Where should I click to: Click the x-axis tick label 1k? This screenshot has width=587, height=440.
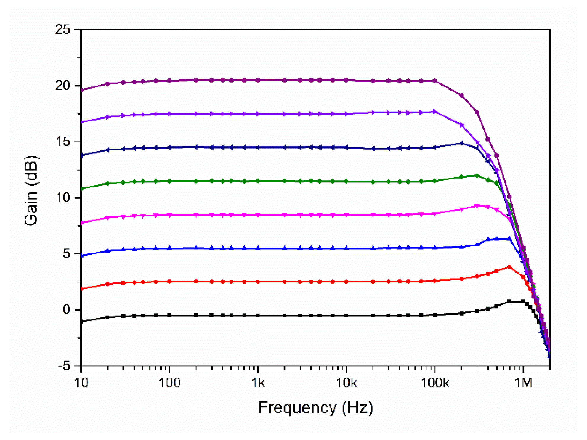(x=258, y=383)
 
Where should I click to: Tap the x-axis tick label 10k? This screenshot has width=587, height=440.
(x=346, y=383)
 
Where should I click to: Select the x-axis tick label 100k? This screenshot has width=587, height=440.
(x=435, y=383)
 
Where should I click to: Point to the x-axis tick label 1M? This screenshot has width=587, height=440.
(x=523, y=383)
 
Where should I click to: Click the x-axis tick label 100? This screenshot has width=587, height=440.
(x=169, y=383)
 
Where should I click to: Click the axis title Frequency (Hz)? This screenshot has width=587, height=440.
(x=315, y=407)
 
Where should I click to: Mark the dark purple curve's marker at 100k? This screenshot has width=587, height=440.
(x=435, y=81)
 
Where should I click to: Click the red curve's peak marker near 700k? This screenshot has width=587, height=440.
(x=509, y=267)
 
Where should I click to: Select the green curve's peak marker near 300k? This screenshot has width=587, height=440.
(x=477, y=176)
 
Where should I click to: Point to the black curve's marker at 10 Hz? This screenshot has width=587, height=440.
(x=81, y=321)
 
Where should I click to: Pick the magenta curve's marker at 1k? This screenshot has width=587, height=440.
(x=258, y=215)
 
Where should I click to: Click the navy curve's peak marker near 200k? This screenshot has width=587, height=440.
(x=461, y=143)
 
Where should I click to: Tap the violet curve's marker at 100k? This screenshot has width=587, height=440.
(x=435, y=112)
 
